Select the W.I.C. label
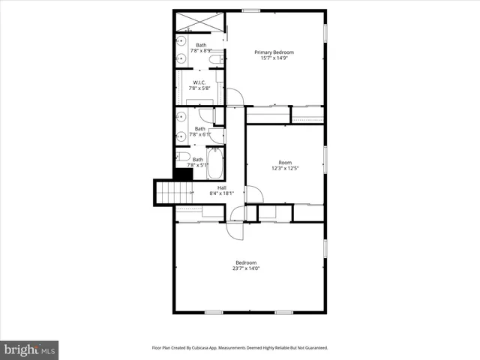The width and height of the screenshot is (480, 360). pyautogui.click(x=199, y=82)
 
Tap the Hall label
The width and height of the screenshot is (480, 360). pyautogui.click(x=222, y=187)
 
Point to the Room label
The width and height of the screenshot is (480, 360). pyautogui.click(x=285, y=162)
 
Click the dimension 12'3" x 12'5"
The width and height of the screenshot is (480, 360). pyautogui.click(x=285, y=169)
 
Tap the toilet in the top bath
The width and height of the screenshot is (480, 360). pyautogui.click(x=215, y=59)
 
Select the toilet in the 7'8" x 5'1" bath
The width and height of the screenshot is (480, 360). pyautogui.click(x=182, y=157)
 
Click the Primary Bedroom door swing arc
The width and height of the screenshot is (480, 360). pyautogui.click(x=235, y=97)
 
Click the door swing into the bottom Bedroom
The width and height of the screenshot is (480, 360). pyautogui.click(x=237, y=229)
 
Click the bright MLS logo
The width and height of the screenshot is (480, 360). pyautogui.click(x=30, y=349)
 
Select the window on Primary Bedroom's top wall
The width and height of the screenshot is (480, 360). pyautogui.click(x=251, y=10)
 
